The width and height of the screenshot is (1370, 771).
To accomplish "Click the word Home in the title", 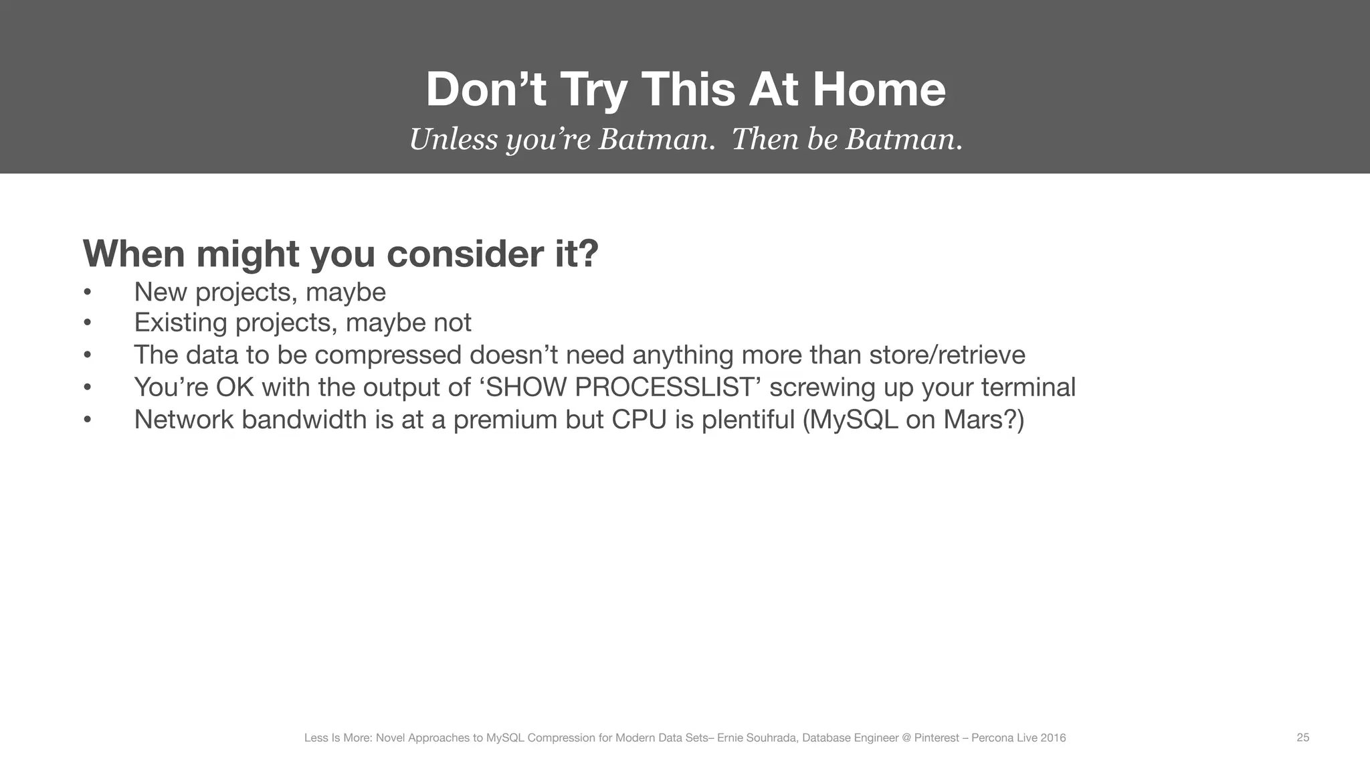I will click(x=879, y=90).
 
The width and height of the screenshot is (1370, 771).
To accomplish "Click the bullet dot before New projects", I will click(x=87, y=292).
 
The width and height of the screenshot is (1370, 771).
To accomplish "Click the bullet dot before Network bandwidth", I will click(x=87, y=420).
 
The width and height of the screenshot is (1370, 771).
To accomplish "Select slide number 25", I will click(x=1302, y=738).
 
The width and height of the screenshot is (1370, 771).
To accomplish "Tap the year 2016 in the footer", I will click(x=1053, y=738).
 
